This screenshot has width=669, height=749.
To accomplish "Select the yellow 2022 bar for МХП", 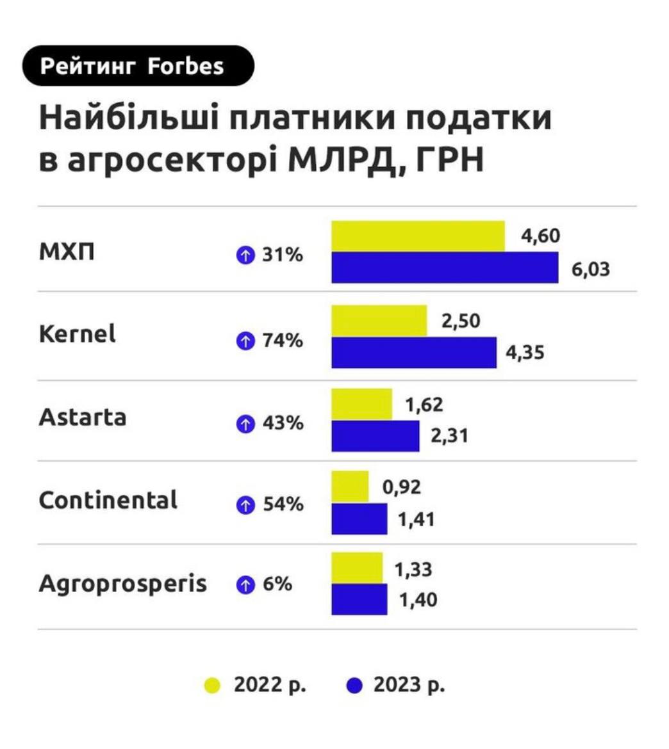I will point(418,236).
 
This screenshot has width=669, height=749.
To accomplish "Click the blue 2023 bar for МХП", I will point(445,268).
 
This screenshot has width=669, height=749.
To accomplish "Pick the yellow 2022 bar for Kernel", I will point(379,320).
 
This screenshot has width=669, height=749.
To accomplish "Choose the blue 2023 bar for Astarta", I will point(375,436).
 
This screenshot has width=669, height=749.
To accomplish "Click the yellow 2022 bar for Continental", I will point(350,487).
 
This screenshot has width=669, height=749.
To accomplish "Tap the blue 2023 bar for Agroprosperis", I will point(359,599).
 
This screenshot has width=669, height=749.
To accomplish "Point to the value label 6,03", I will point(590,269).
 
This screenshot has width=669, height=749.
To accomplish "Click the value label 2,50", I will point(460,320).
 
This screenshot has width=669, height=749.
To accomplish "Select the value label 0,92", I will point(402,487).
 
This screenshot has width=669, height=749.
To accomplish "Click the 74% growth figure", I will point(283,341).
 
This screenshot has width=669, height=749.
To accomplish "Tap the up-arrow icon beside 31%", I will point(245,256).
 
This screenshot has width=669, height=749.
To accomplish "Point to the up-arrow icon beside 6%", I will point(245,584).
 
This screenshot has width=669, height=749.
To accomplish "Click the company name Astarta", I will point(83,417).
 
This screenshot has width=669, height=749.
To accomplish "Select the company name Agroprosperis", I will point(123,584).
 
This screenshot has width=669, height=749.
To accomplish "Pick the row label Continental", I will point(108,500).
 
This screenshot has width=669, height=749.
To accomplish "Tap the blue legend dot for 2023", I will point(354,686).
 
